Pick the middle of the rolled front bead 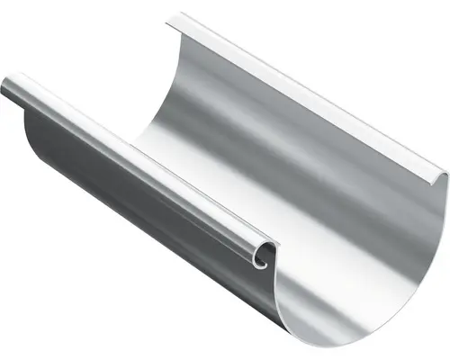coord(135,162)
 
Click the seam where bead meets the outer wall coord(135,176)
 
